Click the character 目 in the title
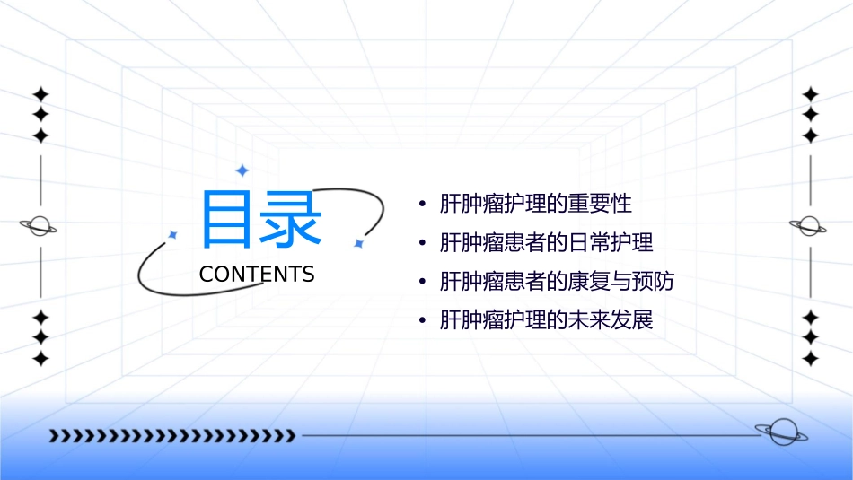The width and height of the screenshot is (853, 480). tap(228, 219)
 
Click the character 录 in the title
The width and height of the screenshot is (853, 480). tap(292, 219)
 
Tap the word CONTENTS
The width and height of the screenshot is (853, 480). tap(257, 275)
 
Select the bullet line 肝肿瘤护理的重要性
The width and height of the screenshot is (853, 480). tap(535, 204)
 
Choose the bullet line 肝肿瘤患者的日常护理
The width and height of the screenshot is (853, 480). tap(546, 242)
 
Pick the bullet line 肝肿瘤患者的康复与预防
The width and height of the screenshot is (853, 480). tap(557, 282)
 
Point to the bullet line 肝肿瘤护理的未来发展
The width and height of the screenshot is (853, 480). tap(546, 320)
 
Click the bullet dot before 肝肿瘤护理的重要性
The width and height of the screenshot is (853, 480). tap(422, 205)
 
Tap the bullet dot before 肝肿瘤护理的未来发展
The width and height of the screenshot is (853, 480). tap(422, 321)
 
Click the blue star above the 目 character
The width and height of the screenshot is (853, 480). tap(242, 170)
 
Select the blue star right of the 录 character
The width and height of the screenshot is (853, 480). tap(357, 243)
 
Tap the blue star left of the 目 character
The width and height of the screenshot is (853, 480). tap(173, 234)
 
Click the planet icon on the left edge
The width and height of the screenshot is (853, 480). tap(39, 226)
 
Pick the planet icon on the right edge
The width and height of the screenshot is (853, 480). tap(809, 226)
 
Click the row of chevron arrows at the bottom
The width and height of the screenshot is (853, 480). tap(171, 436)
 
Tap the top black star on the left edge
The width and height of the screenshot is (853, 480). tap(40, 93)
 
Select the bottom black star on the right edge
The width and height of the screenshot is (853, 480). tap(810, 359)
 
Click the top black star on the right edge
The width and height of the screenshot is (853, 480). tap(810, 93)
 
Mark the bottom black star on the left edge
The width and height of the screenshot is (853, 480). tap(40, 359)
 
